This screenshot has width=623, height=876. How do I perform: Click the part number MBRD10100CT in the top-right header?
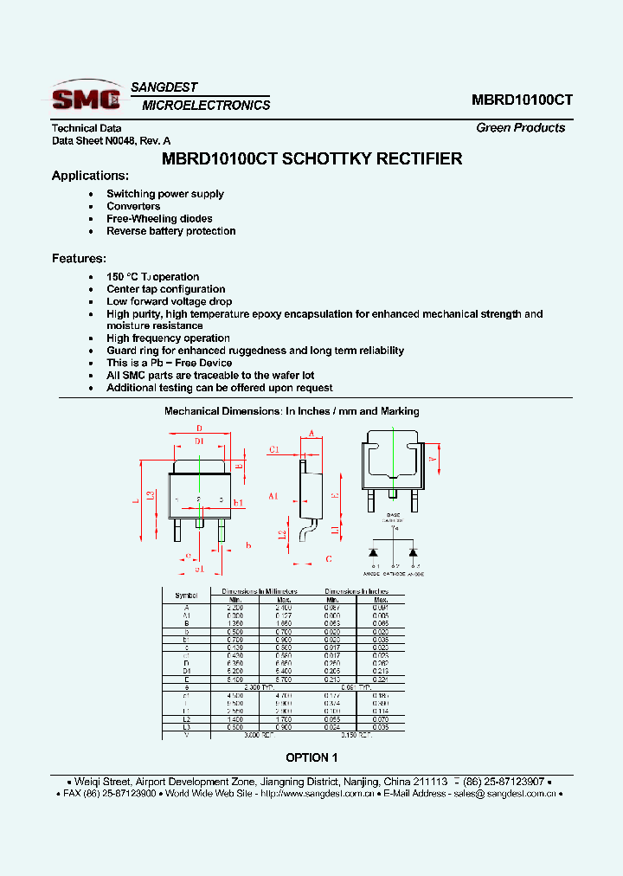tap(522, 100)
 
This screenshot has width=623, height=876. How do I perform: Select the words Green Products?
tap(520, 127)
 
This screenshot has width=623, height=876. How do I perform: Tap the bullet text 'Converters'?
tap(133, 206)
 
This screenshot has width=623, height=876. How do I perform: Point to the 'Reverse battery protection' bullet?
tap(170, 231)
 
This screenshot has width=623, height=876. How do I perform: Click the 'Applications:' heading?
tap(90, 176)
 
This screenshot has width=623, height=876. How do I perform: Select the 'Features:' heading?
tap(79, 258)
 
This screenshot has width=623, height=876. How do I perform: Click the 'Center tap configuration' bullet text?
tap(165, 289)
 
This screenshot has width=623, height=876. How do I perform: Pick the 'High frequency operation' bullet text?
tap(168, 338)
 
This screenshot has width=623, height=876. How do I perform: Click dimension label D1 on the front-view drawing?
tap(199, 441)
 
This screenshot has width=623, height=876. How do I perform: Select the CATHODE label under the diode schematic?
tap(394, 573)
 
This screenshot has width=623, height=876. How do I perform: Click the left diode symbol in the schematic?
tap(374, 551)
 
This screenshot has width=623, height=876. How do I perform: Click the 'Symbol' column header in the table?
tap(186, 596)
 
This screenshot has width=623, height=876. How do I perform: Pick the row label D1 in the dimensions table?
tap(186, 670)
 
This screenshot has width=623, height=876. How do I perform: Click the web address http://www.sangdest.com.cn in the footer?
tap(317, 793)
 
